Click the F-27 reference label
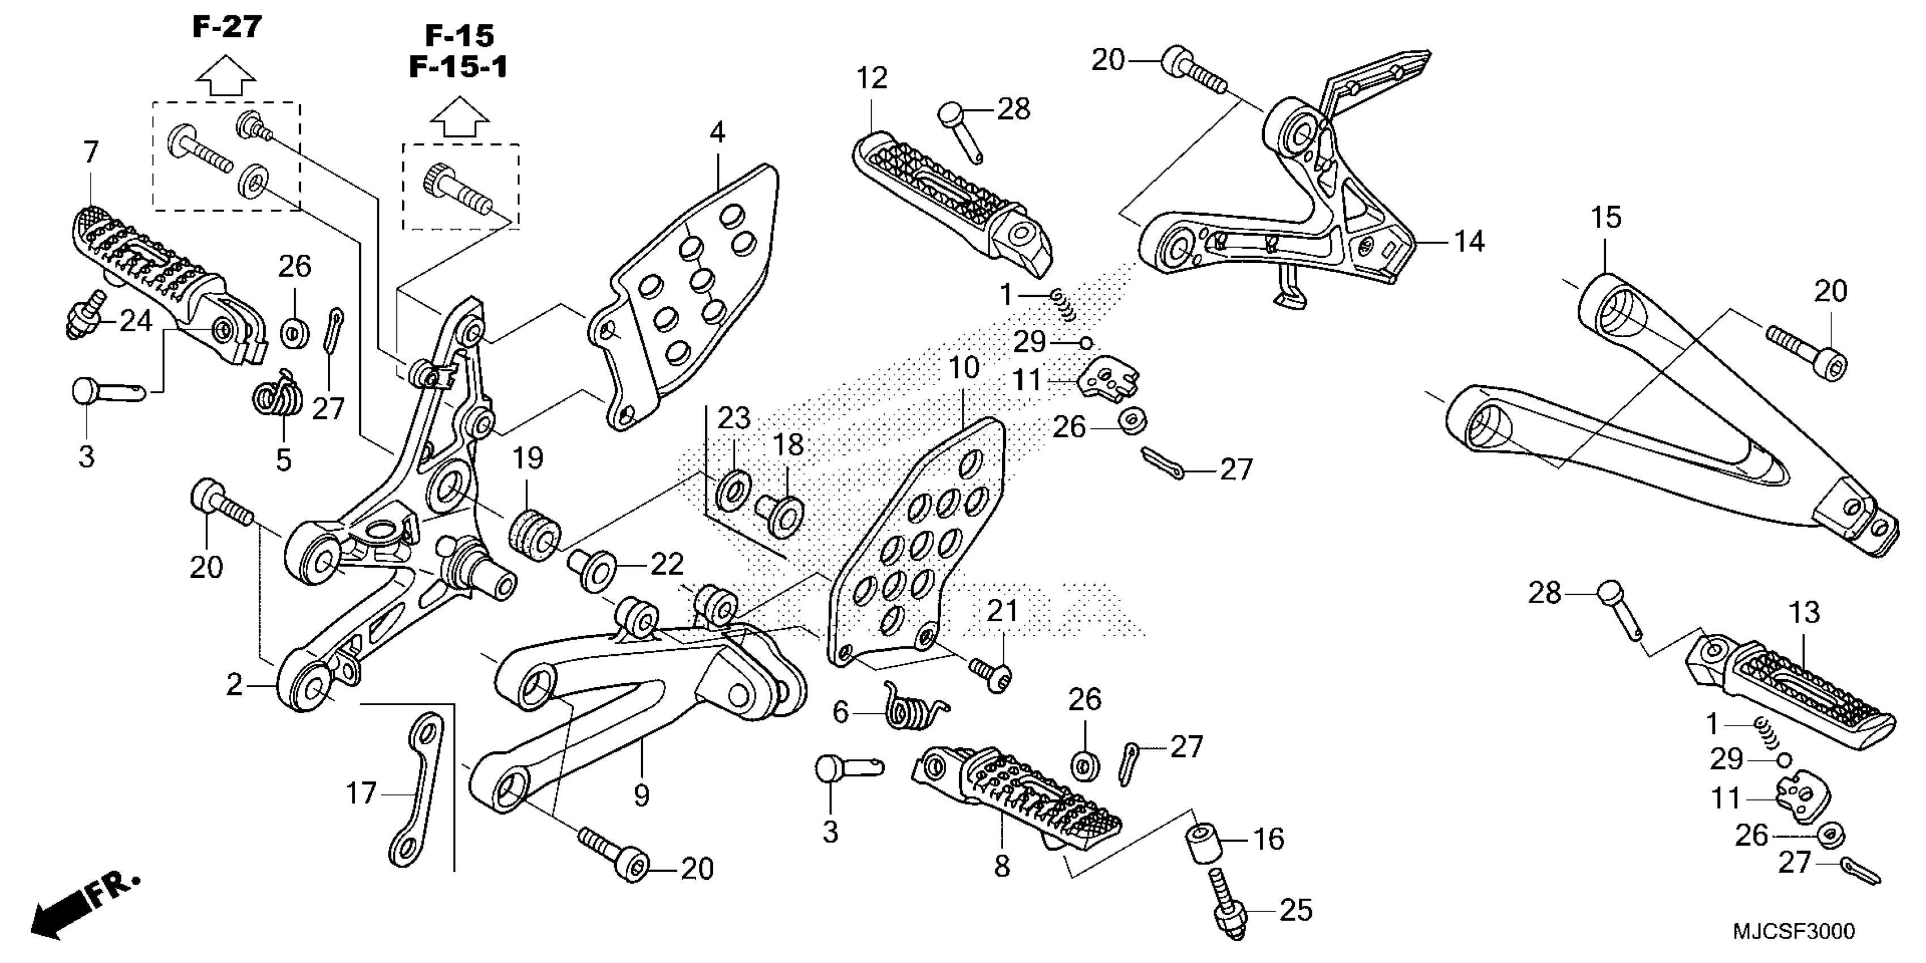click(227, 27)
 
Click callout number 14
click(1468, 241)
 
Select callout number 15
click(1605, 218)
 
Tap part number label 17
click(360, 793)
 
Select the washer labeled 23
click(734, 491)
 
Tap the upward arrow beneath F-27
click(226, 75)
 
